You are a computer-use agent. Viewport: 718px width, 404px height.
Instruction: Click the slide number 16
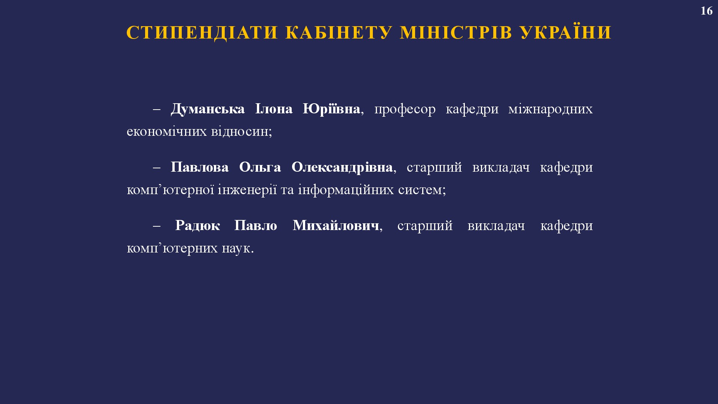pos(706,11)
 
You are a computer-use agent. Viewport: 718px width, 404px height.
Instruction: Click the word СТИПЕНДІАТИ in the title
pos(202,33)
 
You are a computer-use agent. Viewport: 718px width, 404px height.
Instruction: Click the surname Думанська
pos(208,109)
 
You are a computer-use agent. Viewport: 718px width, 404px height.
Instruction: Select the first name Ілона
pos(274,109)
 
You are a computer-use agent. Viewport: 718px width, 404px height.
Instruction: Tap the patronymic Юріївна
pos(331,109)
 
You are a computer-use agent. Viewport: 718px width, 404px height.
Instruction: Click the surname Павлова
pos(200,167)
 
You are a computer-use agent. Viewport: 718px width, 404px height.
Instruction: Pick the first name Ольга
pos(260,167)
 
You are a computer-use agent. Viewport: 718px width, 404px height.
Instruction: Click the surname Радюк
pos(197,226)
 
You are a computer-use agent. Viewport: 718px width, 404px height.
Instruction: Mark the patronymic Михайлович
pos(336,226)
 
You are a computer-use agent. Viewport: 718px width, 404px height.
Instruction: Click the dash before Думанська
pos(157,110)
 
